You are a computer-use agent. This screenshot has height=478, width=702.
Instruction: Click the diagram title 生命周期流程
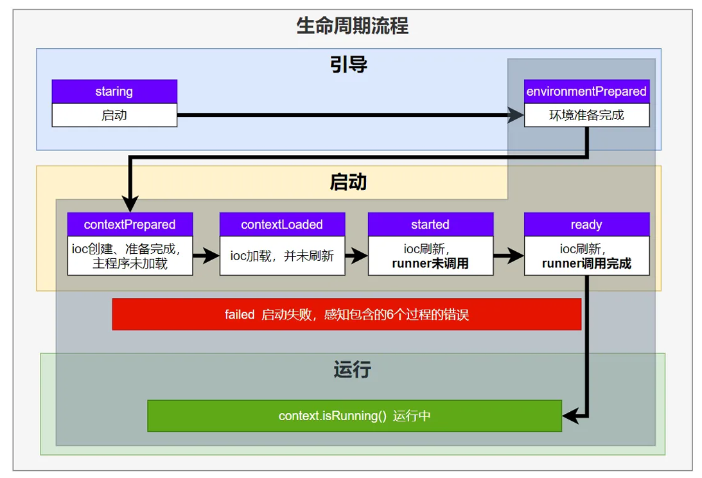click(352, 26)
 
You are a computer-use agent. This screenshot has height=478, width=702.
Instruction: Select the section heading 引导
click(348, 64)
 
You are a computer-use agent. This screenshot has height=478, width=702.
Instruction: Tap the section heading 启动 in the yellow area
click(348, 182)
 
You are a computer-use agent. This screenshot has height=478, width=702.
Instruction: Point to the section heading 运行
click(352, 370)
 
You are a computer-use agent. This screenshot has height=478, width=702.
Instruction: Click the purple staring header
click(114, 91)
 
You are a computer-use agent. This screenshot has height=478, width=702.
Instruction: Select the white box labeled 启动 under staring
click(114, 115)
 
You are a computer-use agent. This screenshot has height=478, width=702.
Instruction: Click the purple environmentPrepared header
click(586, 91)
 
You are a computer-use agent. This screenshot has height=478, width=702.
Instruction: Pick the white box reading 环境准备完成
click(586, 115)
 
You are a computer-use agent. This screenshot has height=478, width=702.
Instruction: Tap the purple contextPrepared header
click(130, 224)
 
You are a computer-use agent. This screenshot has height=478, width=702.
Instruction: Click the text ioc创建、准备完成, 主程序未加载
click(130, 256)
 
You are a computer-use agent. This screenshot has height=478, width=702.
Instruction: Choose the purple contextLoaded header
click(282, 224)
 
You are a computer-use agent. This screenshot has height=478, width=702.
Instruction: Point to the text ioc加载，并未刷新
click(282, 256)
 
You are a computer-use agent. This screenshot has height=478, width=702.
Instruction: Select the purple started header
click(430, 224)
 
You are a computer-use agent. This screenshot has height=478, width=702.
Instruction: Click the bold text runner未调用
click(430, 263)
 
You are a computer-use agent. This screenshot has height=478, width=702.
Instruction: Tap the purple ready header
click(586, 224)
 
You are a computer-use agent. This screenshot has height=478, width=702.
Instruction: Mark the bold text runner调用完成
click(586, 263)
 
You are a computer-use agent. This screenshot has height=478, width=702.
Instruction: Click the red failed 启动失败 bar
click(346, 315)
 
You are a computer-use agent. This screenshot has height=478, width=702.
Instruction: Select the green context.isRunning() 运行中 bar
click(355, 416)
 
